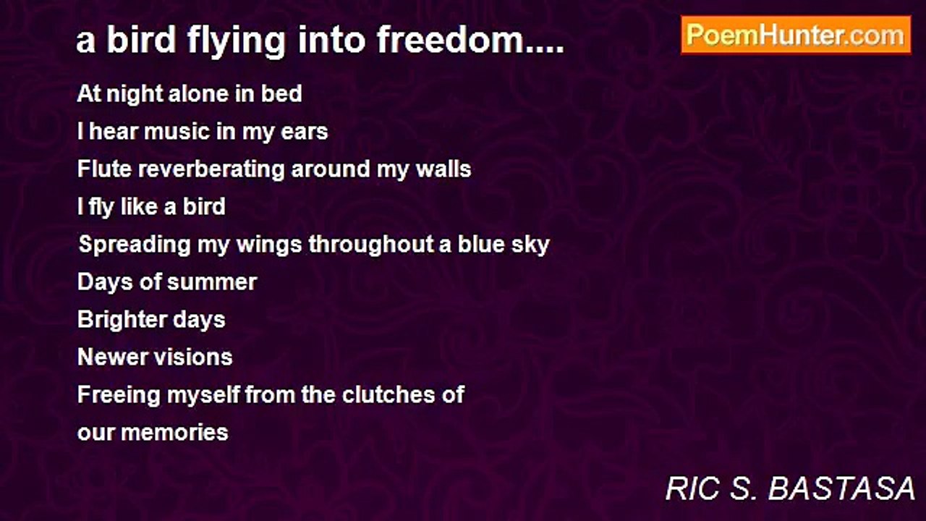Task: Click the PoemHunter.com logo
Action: tap(796, 35)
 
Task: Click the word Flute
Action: tap(105, 169)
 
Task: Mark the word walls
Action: tap(443, 169)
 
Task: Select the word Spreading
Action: tap(135, 245)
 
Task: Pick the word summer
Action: tap(212, 283)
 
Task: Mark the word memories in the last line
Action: tap(174, 433)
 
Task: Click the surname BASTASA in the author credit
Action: tap(841, 488)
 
